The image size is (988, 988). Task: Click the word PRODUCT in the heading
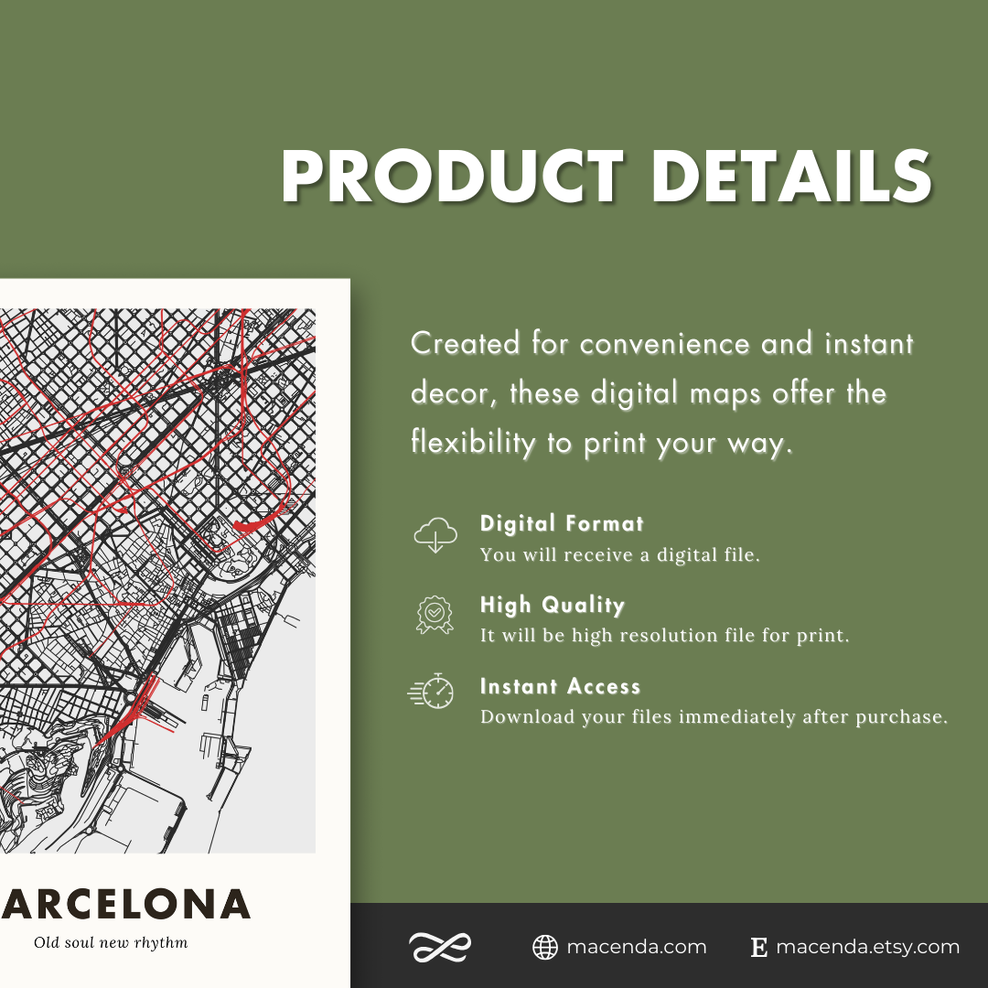click(452, 177)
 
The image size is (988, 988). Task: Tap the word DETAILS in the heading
click(791, 177)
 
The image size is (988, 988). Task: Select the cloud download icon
click(434, 534)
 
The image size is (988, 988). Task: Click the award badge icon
click(434, 616)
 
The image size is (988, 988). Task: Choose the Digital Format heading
click(562, 524)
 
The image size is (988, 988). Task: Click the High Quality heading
click(552, 606)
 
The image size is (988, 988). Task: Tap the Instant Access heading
click(560, 687)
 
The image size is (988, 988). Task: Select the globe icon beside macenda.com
click(545, 948)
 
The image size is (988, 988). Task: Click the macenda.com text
click(637, 948)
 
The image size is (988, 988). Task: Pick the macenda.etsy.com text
click(867, 948)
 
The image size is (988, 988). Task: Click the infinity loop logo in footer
click(440, 948)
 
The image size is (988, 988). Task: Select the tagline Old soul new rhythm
click(111, 942)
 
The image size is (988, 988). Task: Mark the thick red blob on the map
click(252, 524)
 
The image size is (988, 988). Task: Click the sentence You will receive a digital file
click(619, 554)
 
